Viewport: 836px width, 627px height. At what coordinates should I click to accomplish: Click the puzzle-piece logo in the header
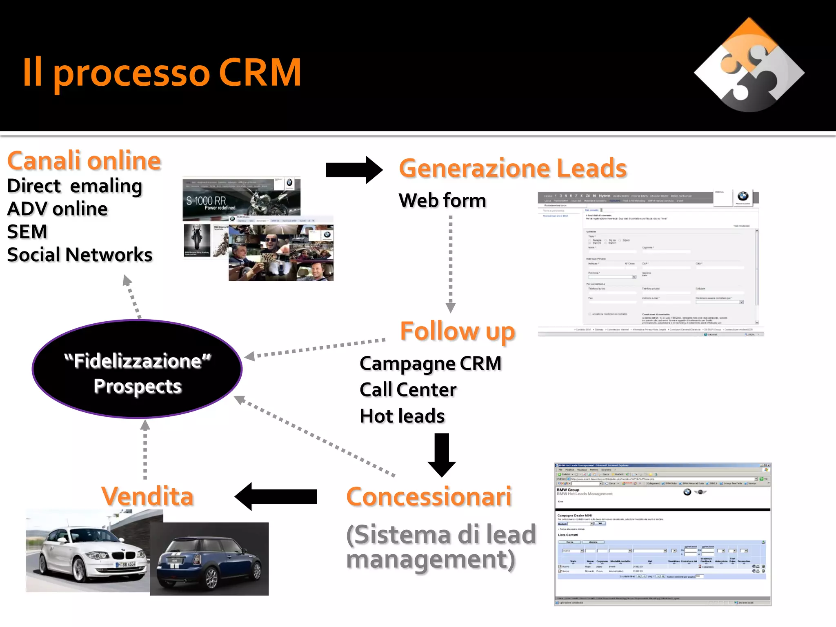coord(749,65)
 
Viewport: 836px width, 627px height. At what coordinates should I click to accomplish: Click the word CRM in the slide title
coord(260,73)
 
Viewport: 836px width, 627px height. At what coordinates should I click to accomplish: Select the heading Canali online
coord(84,161)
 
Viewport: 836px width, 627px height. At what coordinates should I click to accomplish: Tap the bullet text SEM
coord(27,232)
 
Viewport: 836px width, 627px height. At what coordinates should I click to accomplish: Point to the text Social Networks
coord(80,255)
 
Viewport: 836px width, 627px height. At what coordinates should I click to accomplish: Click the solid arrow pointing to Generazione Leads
coord(354,170)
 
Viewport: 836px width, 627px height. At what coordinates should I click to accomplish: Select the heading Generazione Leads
coord(513,168)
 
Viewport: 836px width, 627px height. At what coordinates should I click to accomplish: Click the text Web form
coord(442,200)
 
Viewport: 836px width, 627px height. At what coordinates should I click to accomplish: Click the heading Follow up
coord(457,331)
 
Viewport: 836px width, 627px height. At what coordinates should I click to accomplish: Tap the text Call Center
coord(408,390)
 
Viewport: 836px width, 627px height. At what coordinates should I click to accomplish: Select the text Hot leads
coord(402,416)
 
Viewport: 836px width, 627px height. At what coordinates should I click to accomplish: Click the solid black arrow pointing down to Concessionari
coord(442,454)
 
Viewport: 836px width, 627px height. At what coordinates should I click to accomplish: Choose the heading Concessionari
coord(429,497)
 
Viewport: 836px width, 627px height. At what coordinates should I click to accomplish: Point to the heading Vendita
coord(147,496)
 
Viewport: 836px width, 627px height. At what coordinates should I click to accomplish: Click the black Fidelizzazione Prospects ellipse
coord(137,369)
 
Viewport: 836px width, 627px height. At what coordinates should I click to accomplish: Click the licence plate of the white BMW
coord(126,565)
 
